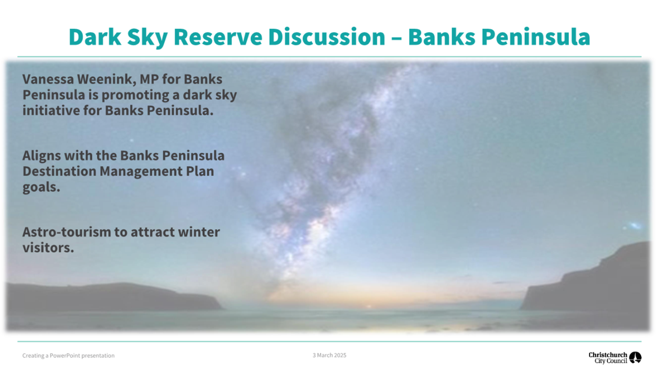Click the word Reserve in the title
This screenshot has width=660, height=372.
[218, 37]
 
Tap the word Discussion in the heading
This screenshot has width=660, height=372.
[327, 37]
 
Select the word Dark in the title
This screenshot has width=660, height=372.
[95, 37]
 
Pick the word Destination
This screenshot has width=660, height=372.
[59, 171]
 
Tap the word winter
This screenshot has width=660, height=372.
[199, 232]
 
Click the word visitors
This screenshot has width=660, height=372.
[48, 248]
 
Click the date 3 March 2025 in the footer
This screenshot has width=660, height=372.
[330, 355]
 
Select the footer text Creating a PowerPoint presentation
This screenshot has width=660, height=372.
[68, 356]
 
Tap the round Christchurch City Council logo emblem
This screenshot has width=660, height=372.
[635, 358]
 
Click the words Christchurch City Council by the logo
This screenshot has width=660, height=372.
[608, 358]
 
